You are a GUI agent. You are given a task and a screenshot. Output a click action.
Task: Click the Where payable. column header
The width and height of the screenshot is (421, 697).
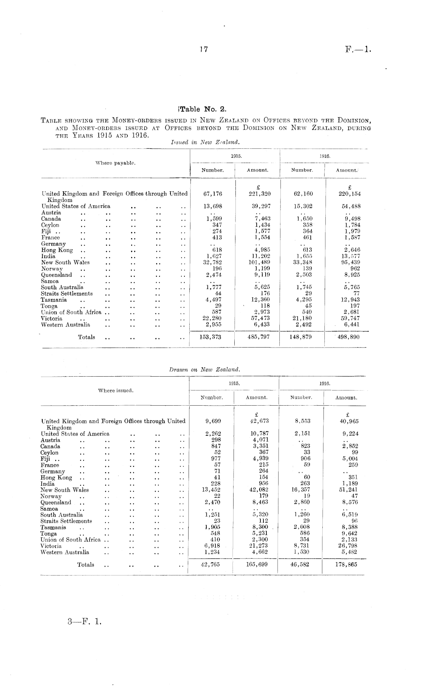(x=115, y=163)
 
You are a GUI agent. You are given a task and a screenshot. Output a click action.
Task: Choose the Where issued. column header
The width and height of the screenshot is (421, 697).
(x=116, y=390)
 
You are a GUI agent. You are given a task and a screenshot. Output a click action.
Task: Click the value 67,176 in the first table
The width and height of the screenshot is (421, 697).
(x=213, y=194)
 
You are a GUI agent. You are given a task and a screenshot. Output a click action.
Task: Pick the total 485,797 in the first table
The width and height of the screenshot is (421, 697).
(x=258, y=337)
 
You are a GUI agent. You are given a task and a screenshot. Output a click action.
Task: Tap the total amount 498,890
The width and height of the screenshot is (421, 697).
(x=348, y=337)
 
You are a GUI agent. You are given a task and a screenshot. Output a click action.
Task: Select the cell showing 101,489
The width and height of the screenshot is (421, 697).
(x=259, y=262)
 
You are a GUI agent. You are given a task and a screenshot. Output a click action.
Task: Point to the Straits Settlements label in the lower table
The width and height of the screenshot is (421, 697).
(x=66, y=521)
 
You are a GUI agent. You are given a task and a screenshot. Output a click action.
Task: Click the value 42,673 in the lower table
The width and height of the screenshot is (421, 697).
(x=258, y=421)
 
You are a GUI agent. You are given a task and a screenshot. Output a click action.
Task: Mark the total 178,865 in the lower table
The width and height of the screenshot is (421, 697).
(x=346, y=565)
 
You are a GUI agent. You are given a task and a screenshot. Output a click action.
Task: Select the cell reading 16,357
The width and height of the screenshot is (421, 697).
(x=302, y=490)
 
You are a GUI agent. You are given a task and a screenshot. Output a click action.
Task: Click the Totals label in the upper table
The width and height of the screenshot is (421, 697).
(x=87, y=337)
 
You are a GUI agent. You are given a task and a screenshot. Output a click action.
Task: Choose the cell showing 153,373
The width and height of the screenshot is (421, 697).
(x=210, y=337)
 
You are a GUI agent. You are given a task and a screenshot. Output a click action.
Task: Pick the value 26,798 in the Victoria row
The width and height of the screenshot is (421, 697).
(x=348, y=546)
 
